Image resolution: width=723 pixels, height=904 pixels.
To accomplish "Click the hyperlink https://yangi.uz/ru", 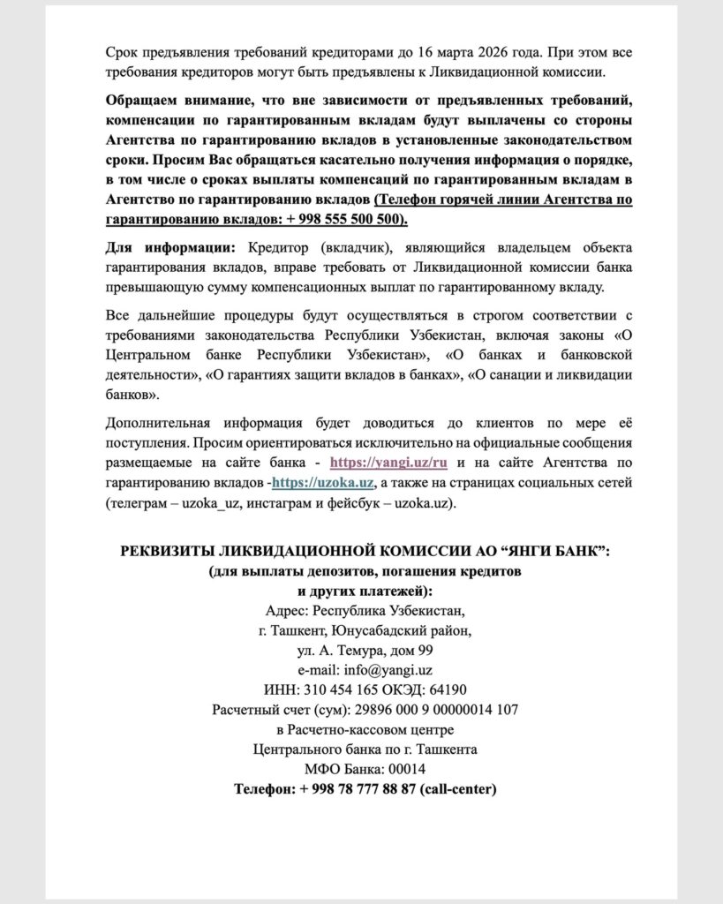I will tap(388, 462).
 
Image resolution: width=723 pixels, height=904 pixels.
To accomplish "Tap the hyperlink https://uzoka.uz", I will tap(325, 482).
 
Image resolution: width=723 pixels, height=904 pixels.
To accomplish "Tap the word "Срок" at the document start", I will tap(121, 52).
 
